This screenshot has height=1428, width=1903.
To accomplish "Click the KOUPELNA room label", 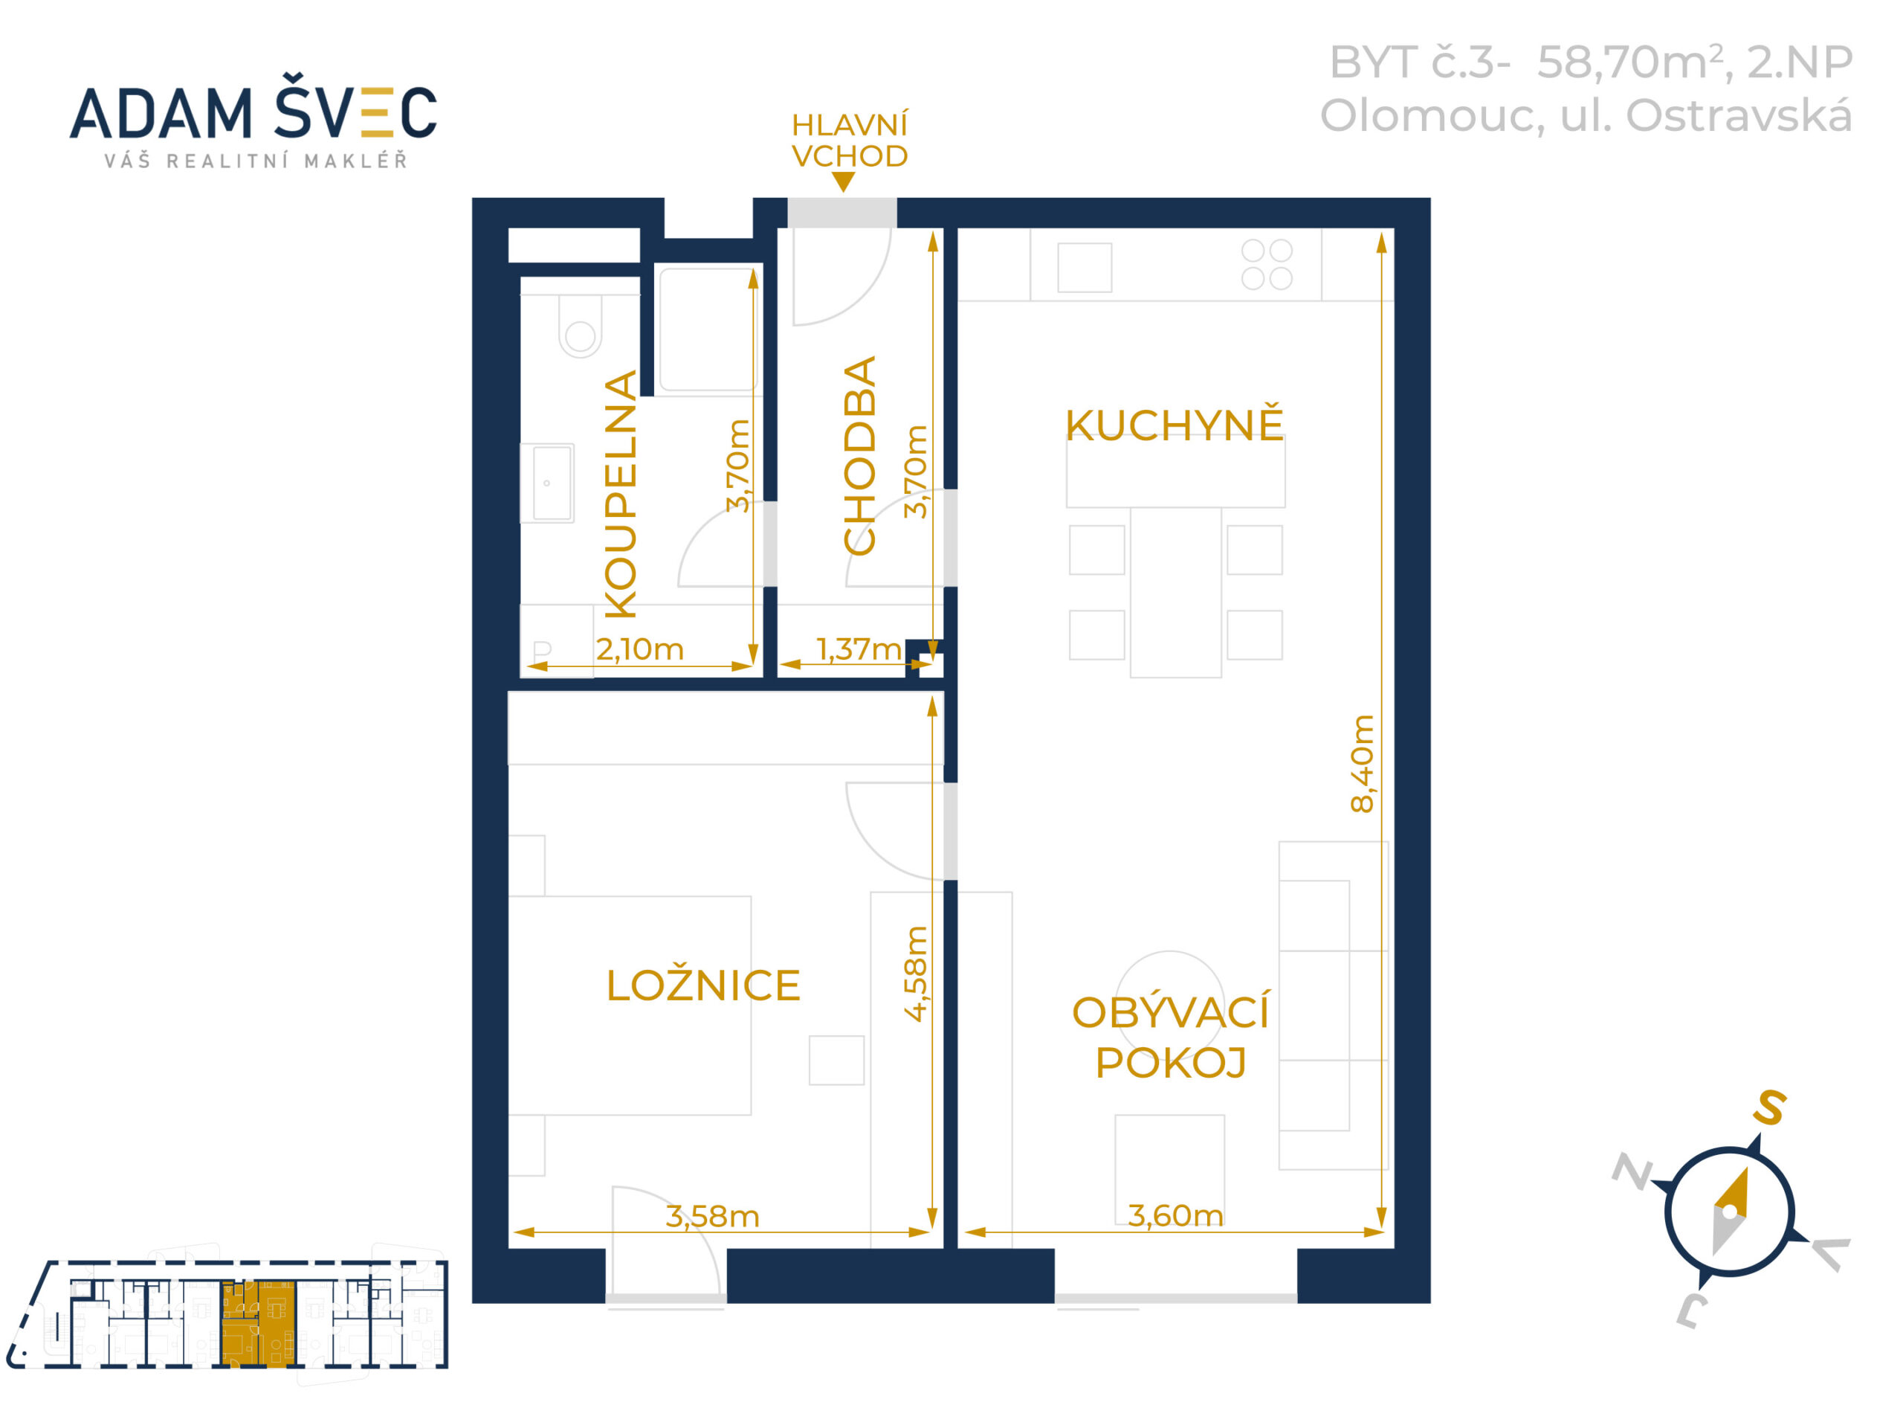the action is coord(620,494).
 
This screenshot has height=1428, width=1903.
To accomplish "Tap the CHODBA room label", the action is coord(859,455).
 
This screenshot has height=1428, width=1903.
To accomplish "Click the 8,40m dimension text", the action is coord(1362,764).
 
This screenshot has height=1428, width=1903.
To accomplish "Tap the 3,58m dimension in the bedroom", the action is coord(712,1216).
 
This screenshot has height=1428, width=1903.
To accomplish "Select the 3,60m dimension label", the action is coord(1175,1215).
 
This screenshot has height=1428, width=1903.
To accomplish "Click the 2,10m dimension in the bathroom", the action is coord(639,649).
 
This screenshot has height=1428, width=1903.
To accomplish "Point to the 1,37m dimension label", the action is coord(859,649).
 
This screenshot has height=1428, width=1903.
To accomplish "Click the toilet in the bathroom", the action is coord(580,327).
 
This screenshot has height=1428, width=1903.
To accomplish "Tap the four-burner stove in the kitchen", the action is coord(1267,264).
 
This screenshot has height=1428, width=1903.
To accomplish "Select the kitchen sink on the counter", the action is coord(1084,267).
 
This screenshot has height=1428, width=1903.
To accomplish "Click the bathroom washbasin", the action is coord(547,483).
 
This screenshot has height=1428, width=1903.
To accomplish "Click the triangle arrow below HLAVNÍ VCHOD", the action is coord(843,181).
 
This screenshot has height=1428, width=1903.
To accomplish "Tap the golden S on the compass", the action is coord(1771,1107).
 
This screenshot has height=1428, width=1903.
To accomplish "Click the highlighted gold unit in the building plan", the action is coord(258,1323).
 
